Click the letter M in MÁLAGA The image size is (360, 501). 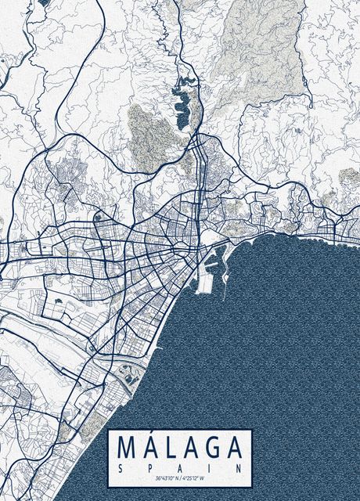[128, 448]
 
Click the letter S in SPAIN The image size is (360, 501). [122, 467]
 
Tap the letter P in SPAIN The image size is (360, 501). [150, 467]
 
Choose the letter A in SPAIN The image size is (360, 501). [179, 467]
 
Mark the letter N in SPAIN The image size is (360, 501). [236, 467]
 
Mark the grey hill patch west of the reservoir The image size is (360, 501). [145, 133]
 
